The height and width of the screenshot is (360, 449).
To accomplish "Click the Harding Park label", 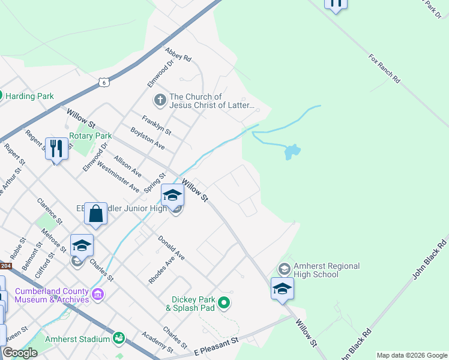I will (x=30, y=96).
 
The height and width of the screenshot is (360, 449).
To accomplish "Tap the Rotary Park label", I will (x=91, y=136).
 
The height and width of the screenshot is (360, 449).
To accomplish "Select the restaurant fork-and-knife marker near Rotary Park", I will (x=56, y=148).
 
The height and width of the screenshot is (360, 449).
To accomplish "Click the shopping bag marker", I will (x=96, y=212).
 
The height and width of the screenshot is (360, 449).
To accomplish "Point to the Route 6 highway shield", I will (x=104, y=82).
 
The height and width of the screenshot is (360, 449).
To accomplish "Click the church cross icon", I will (x=160, y=100).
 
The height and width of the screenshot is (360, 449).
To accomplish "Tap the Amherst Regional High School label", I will (x=326, y=271).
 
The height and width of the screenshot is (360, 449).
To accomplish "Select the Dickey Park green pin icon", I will (x=224, y=303).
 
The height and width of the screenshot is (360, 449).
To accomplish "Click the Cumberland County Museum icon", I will (x=98, y=295).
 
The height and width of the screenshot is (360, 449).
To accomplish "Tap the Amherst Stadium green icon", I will (x=119, y=339).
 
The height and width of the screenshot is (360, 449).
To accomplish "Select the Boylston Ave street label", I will (x=147, y=138).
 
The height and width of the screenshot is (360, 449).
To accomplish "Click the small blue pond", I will (x=291, y=152).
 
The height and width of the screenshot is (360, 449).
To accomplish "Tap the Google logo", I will (x=20, y=352).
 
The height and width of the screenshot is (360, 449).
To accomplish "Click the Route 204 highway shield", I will (x=5, y=266).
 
